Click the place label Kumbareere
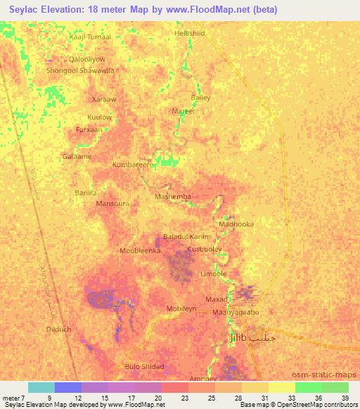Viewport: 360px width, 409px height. [133, 165]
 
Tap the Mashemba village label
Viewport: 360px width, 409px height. [173, 197]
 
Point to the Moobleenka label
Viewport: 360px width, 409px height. [141, 250]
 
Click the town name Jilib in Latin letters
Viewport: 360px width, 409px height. [240, 339]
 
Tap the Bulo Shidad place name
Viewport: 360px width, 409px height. [144, 367]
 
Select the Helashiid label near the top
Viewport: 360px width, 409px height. [190, 33]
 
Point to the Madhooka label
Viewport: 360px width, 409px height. [236, 224]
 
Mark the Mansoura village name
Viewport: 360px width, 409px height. [112, 204]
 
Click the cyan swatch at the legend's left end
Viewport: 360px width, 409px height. [41, 387]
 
